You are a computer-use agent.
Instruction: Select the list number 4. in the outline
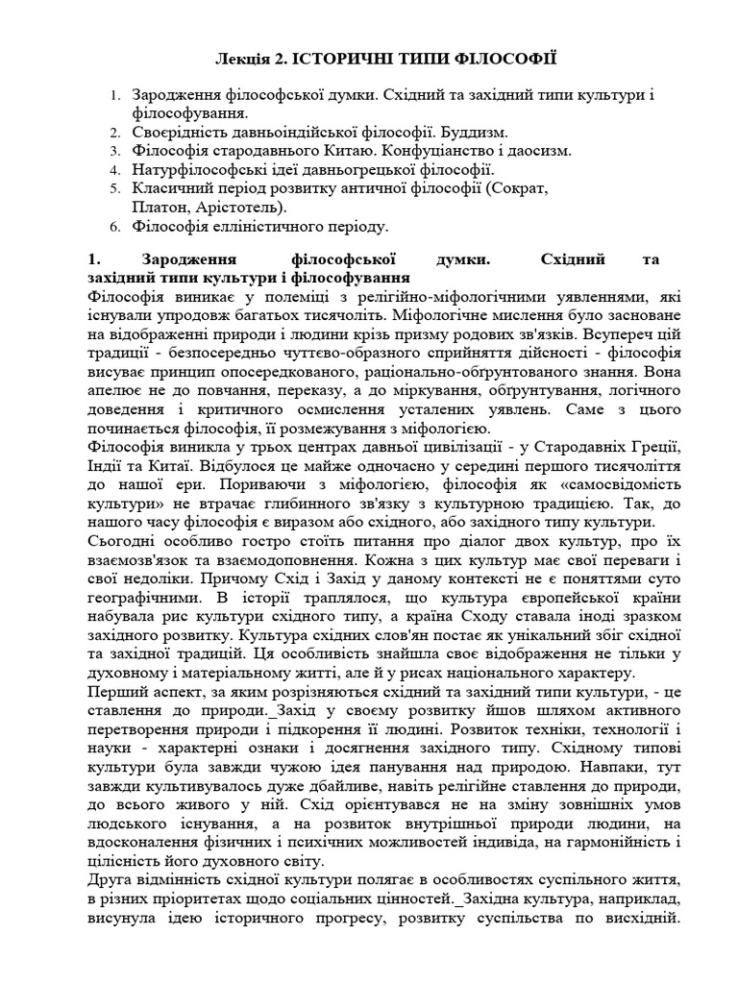click(113, 170)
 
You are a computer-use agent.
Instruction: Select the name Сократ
click(518, 188)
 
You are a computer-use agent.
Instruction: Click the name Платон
click(158, 207)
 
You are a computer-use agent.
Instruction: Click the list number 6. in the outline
click(113, 227)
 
